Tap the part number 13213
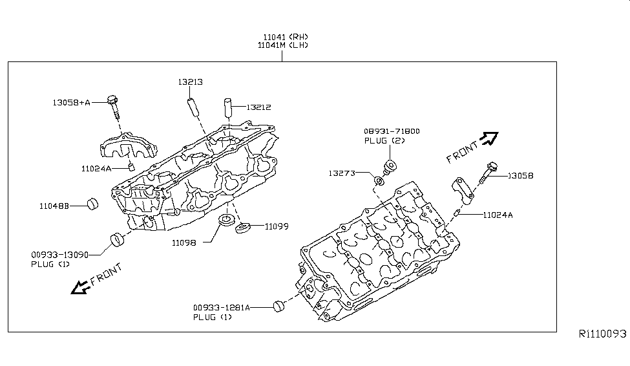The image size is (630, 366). pos(191,82)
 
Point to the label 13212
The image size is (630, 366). pos(258,107)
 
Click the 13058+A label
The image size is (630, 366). pos(72,102)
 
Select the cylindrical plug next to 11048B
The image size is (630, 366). pos(92,204)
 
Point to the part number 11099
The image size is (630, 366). pos(276,226)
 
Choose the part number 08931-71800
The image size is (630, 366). pos(392,131)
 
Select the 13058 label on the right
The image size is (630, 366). pos(520,175)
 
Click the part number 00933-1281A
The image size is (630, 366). pos(220,308)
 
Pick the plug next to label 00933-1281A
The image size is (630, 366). pos(279,306)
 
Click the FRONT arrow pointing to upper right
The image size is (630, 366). pos(490,138)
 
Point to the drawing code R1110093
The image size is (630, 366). pos(602,334)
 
